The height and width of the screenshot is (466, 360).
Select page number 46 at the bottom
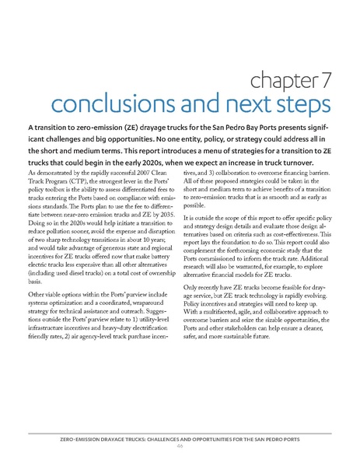coord(179,447)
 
